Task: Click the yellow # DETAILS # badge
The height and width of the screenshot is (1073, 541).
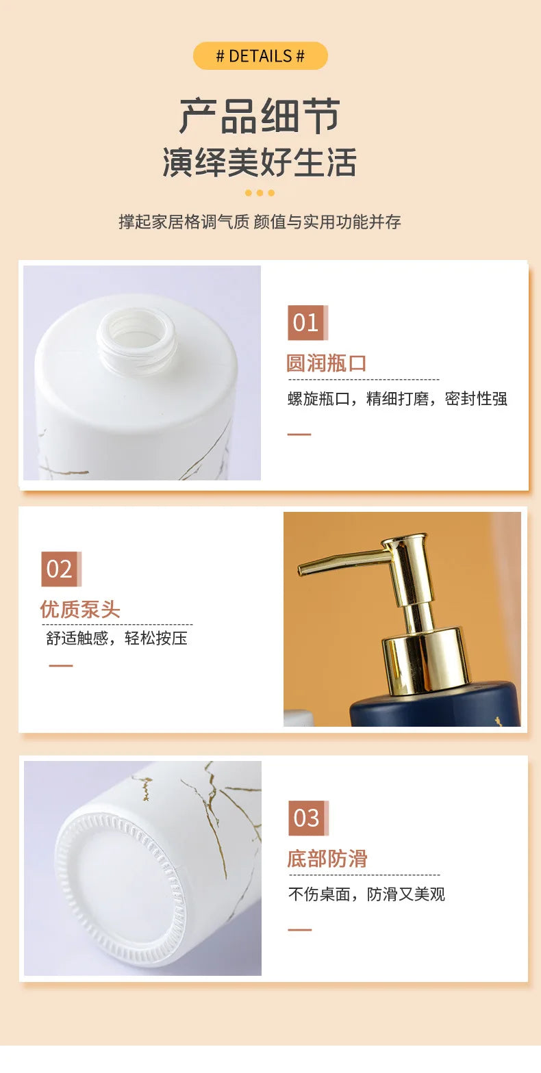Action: coord(260,56)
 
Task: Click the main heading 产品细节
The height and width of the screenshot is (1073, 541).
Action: coord(260,116)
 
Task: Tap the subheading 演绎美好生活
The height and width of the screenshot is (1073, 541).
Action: coord(260,162)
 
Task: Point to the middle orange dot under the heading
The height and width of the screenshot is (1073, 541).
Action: coord(260,192)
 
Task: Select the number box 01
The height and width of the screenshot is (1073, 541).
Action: coord(307,322)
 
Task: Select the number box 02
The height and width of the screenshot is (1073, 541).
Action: coord(61,569)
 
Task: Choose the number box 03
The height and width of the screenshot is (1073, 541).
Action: coord(308,818)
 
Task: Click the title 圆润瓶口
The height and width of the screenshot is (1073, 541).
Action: coord(327,363)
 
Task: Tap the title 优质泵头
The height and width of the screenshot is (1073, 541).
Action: coord(80,609)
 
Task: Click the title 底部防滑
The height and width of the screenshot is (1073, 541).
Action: coord(327,858)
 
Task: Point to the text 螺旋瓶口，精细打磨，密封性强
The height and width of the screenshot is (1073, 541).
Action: coord(397,398)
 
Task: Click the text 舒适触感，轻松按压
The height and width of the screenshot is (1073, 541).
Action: coord(116,638)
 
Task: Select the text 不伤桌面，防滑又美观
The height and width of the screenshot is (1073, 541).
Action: coord(366,894)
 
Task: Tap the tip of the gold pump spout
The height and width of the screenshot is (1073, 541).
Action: coord(301,569)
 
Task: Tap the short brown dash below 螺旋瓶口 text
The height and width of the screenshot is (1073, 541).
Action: coord(299,434)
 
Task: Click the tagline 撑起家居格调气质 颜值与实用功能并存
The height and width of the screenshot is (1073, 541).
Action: coord(260,222)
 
